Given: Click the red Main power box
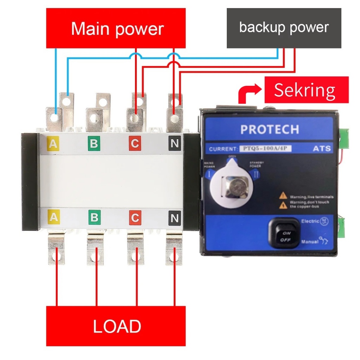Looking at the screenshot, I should (x=116, y=28).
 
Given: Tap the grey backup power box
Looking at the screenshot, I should (x=284, y=28).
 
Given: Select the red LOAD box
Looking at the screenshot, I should (x=116, y=326).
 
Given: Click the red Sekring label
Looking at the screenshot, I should (x=306, y=90).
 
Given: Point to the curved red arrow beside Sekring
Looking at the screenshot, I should (x=248, y=93).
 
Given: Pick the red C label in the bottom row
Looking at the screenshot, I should (x=135, y=218).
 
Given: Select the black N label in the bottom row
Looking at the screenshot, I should (x=174, y=218).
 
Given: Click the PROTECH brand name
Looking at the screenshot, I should (x=270, y=129).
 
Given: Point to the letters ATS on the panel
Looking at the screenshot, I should (x=322, y=149).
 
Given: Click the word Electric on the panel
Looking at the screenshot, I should (x=310, y=221).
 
